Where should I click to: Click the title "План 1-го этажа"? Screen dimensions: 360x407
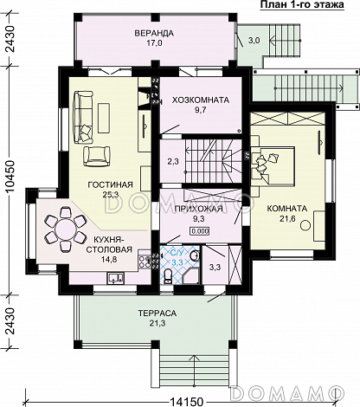302,5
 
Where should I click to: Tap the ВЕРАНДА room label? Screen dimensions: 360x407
154,33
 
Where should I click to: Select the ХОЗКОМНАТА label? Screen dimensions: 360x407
201,100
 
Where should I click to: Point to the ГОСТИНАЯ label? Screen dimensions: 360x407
110,184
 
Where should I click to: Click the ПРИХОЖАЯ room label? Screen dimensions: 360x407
199,209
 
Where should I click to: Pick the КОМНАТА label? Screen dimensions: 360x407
287,209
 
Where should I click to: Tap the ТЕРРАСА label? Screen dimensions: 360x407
157,313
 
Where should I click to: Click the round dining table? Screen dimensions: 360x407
65,229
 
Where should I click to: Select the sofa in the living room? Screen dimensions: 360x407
83,117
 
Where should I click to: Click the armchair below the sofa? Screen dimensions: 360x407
97,156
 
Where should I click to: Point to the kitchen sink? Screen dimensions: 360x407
116,278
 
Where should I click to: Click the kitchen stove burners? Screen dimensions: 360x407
144,260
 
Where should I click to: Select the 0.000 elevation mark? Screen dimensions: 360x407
199,231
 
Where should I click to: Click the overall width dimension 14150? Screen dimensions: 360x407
186,402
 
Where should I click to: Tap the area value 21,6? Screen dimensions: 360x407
287,219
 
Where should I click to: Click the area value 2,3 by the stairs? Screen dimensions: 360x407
173,161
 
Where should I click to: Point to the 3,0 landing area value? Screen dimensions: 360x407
254,41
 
